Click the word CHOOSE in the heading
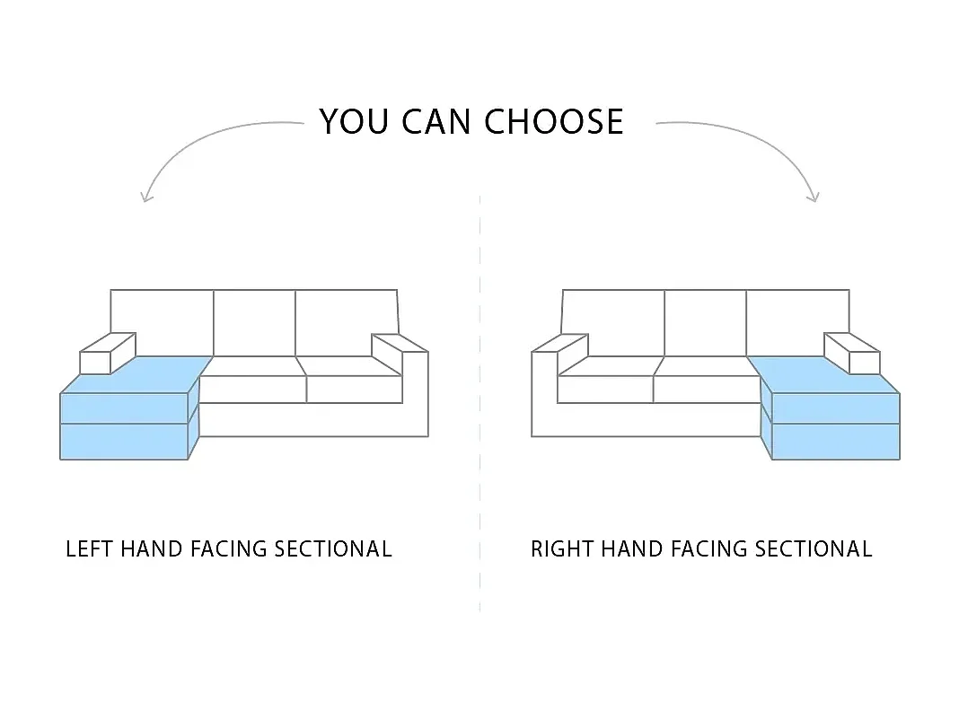[x=554, y=122]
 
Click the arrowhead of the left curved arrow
[x=146, y=196]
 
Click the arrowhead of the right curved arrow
[x=814, y=196]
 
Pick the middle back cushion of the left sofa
[x=254, y=323]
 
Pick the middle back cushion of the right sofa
[x=705, y=323]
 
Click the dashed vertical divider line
[x=479, y=404]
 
